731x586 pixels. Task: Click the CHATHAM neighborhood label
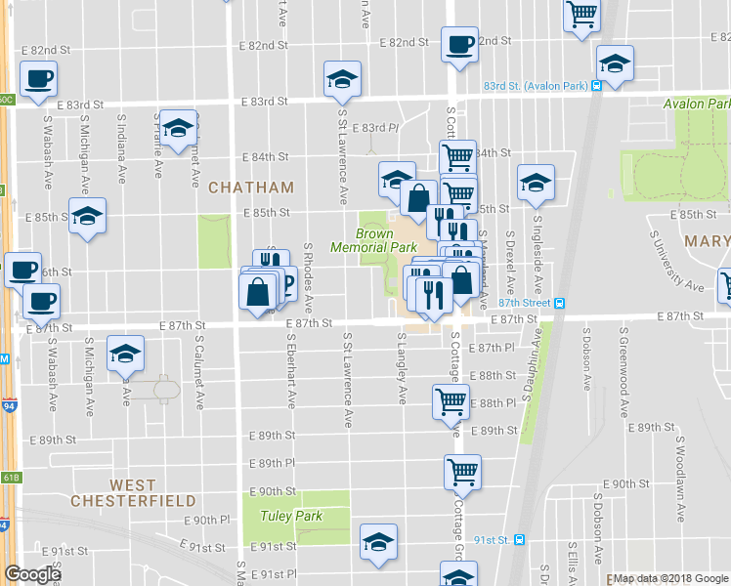[250, 187]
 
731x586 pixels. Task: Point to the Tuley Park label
[290, 515]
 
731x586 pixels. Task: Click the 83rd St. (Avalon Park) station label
[535, 86]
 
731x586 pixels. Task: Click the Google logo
[32, 573]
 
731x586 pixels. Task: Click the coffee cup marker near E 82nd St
[458, 45]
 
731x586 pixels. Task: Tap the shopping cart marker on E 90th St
[462, 473]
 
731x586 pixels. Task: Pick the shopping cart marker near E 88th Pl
[451, 400]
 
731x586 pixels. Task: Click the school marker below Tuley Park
[378, 543]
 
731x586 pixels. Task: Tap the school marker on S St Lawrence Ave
[342, 80]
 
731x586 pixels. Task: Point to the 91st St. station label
[499, 539]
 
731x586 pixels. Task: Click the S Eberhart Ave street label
[291, 371]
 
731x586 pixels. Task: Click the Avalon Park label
[696, 104]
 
